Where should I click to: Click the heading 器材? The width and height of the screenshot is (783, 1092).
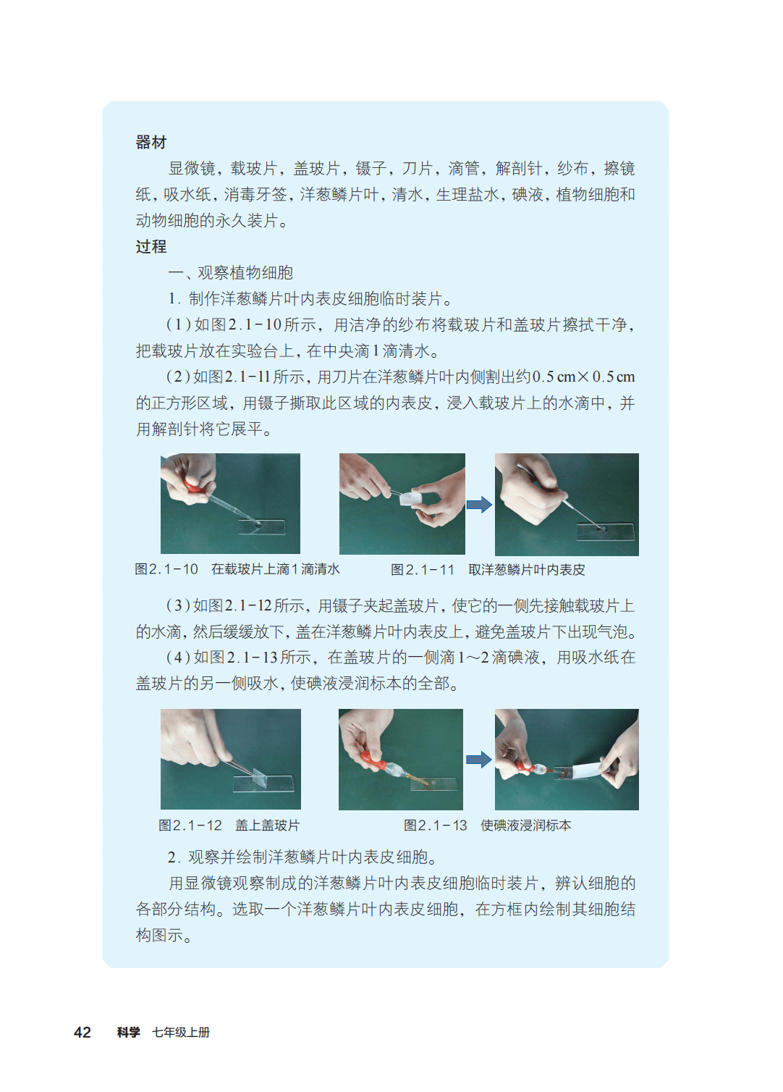pos(151,143)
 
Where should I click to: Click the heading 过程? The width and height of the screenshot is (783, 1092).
pos(151,247)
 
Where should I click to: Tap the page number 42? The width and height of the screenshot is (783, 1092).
pos(82,1032)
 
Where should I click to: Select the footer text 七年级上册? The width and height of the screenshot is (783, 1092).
pos(181,1032)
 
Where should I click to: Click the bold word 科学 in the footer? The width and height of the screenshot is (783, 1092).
pos(129,1032)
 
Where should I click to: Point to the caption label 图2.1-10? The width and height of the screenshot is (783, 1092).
pos(166,569)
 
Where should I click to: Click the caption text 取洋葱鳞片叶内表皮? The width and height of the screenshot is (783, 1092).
pos(526,569)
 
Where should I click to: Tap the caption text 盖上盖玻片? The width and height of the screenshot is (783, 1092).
pos(268,825)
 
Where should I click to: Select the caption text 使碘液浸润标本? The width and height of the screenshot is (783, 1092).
pos(525,825)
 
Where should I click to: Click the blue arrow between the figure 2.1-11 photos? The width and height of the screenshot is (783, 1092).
pos(479,505)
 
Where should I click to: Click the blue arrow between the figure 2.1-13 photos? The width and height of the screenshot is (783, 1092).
pos(479,760)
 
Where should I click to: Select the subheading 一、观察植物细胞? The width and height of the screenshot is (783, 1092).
pos(230,272)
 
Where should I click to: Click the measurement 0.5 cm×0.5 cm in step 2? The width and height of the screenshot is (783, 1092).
pos(583,377)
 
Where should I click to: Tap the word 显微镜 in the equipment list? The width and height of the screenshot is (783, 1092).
pos(192,169)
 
